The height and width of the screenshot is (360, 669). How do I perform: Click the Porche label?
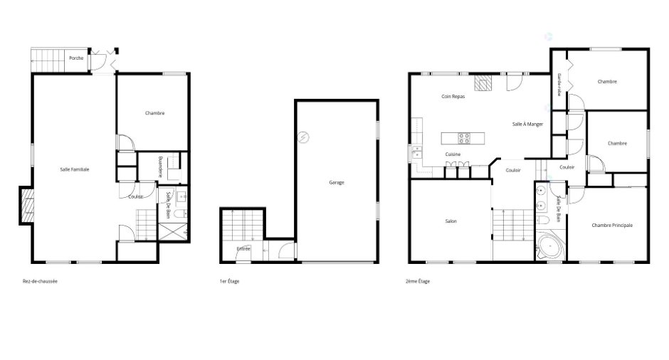tap(76, 58)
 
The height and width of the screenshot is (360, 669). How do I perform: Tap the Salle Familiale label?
tap(75, 169)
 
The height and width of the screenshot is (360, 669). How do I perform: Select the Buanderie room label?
tap(160, 166)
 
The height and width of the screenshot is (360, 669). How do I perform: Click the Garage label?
tap(337, 183)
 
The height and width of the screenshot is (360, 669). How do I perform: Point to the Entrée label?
tap(243, 249)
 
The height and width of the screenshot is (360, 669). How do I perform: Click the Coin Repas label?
tap(453, 96)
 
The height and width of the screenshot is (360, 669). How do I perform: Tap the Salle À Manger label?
tap(528, 124)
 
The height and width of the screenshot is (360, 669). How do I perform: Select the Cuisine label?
tap(453, 154)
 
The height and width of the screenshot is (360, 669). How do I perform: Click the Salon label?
tap(451, 221)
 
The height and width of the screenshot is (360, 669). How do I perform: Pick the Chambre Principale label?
tap(612, 226)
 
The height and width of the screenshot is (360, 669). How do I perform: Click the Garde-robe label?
tap(559, 85)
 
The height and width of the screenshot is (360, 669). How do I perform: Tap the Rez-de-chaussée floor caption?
tap(40, 282)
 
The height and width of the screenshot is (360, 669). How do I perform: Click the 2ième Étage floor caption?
tap(418, 282)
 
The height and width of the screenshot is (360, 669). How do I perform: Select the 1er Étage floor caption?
tap(230, 282)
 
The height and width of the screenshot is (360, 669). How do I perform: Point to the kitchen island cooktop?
tap(464, 138)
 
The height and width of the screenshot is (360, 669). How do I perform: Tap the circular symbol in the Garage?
tap(303, 137)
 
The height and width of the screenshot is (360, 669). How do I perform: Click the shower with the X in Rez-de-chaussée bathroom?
tap(172, 232)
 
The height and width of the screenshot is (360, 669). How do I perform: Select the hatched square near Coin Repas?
tap(483, 83)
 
